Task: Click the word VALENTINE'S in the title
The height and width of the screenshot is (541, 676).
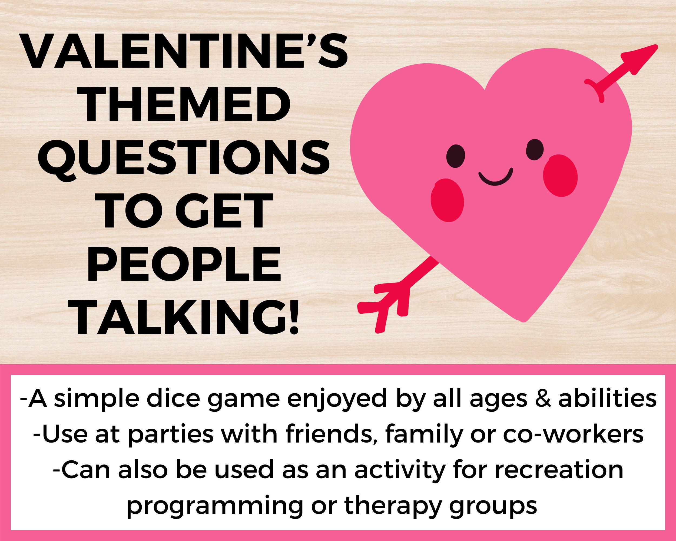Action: pos(185,52)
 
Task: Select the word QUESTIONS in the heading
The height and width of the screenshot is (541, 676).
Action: pos(184,159)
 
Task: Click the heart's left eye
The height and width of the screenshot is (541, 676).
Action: pos(456,156)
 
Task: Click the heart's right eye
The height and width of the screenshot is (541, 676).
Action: pos(535,150)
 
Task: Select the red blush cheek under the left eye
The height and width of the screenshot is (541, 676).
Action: pos(447,200)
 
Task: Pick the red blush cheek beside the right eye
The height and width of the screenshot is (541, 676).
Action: pos(560,175)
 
